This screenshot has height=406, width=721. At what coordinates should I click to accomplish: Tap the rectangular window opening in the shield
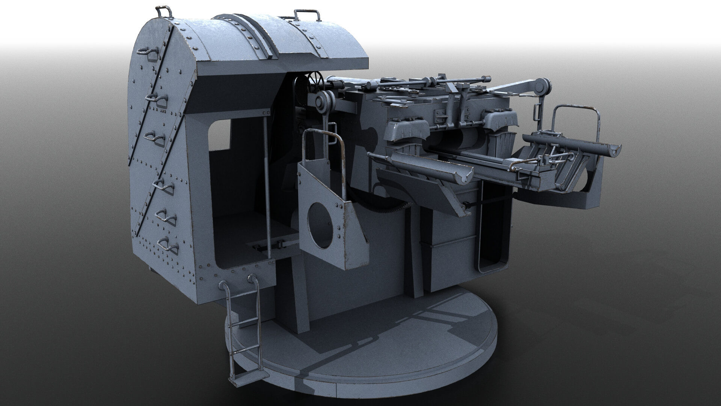[220, 135]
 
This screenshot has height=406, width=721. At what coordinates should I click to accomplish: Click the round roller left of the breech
[321, 101]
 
